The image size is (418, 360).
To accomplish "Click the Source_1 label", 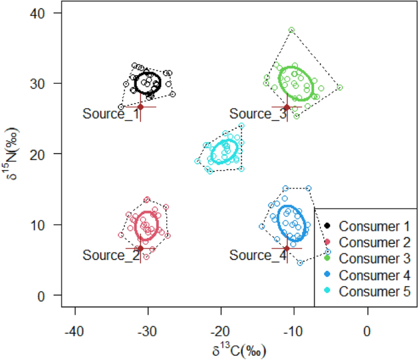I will pyautogui.click(x=111, y=113).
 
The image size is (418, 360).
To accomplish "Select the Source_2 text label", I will pyautogui.click(x=111, y=255).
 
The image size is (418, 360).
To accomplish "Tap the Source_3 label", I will pyautogui.click(x=258, y=113).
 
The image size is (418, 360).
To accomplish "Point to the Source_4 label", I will pyautogui.click(x=258, y=255).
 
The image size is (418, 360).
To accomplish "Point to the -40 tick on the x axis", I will pyautogui.click(x=74, y=330).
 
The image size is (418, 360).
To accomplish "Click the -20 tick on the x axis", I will pyautogui.click(x=221, y=330).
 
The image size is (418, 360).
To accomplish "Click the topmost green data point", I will pyautogui.click(x=292, y=30).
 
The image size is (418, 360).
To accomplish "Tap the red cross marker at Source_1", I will pyautogui.click(x=140, y=107).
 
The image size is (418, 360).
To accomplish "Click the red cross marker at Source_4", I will pyautogui.click(x=287, y=248).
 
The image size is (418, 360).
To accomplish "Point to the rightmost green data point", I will pyautogui.click(x=339, y=87).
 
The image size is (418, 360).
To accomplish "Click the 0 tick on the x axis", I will pyautogui.click(x=367, y=330).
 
